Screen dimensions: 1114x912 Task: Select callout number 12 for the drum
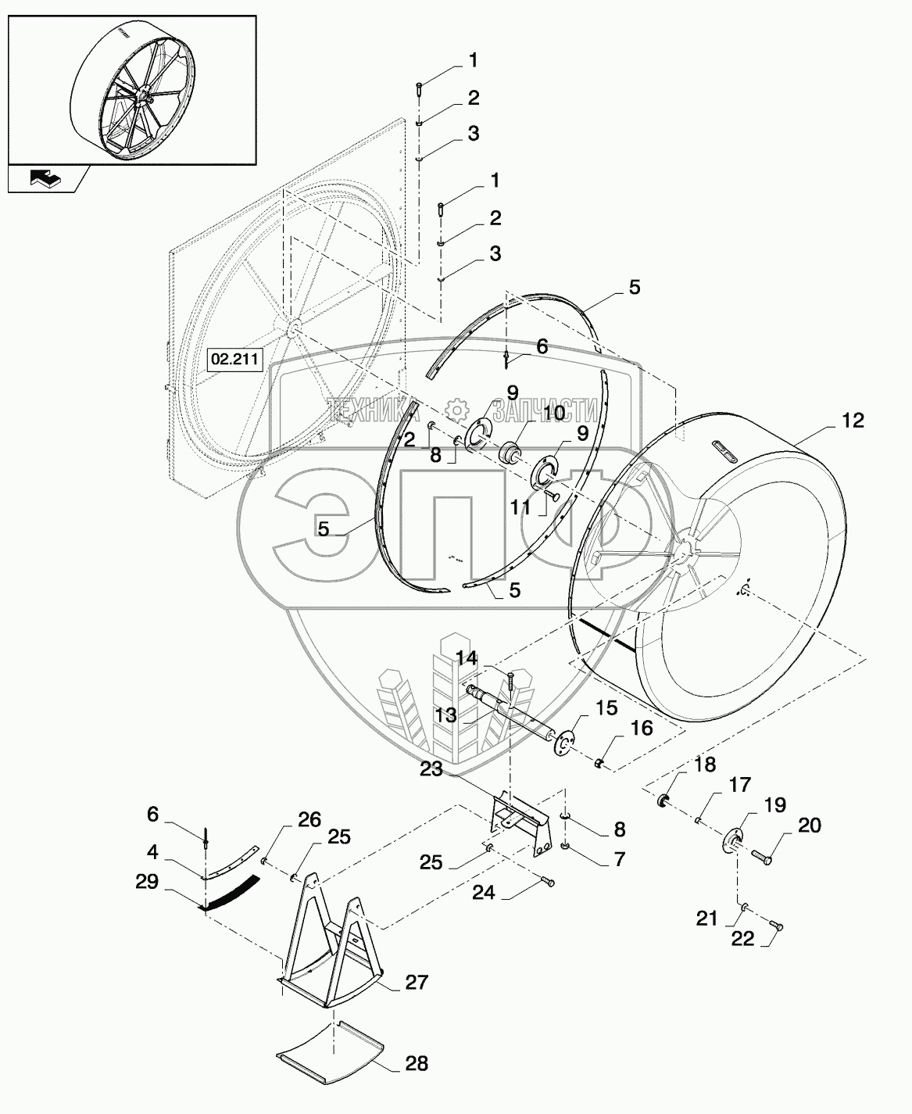pyautogui.click(x=853, y=420)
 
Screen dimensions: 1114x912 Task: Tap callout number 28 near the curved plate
pyautogui.click(x=415, y=1063)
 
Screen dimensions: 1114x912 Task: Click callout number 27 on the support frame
pyautogui.click(x=417, y=982)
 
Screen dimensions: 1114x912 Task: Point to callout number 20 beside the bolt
pyautogui.click(x=809, y=825)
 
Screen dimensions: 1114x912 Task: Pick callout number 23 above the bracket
pyautogui.click(x=431, y=770)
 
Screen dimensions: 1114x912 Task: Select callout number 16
pyautogui.click(x=641, y=728)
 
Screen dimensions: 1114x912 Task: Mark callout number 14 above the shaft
pyautogui.click(x=467, y=659)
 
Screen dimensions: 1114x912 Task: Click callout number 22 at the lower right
pyautogui.click(x=742, y=938)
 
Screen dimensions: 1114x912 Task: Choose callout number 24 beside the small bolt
pyautogui.click(x=484, y=891)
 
